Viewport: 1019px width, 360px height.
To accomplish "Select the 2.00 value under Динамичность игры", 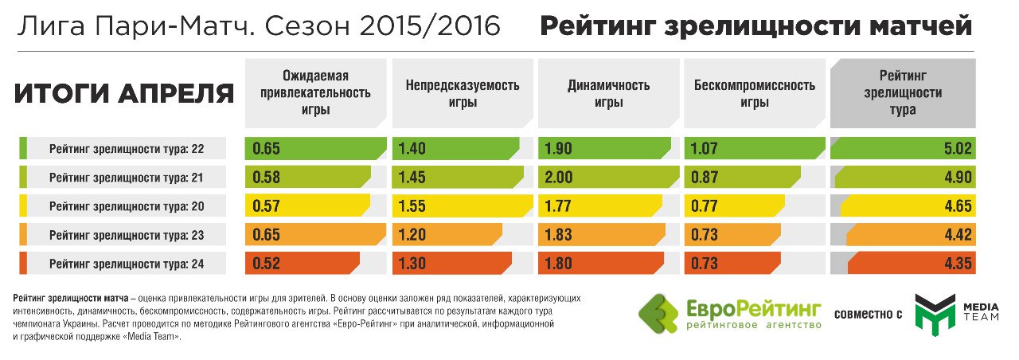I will coord(560,177).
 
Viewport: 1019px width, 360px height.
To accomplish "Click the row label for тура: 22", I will coord(127,148).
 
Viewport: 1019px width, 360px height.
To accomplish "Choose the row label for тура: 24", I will coord(127,263).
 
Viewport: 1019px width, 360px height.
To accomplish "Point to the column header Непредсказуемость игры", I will coord(462,93).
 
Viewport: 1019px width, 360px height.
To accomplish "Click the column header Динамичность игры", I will coord(608,93).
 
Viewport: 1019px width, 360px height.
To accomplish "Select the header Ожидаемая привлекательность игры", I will coord(316,93).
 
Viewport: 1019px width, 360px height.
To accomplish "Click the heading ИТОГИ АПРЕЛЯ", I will coord(124,94).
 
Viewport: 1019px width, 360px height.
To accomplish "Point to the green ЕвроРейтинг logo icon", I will coord(660,315).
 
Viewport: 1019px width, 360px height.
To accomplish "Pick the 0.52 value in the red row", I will coord(268,263).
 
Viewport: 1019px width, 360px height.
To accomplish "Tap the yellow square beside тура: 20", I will coord(23,205).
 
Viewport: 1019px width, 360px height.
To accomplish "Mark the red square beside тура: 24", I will coord(23,263).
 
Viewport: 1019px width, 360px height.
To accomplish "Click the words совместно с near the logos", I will coord(867,315).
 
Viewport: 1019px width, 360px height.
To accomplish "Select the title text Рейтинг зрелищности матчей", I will coord(755,26).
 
